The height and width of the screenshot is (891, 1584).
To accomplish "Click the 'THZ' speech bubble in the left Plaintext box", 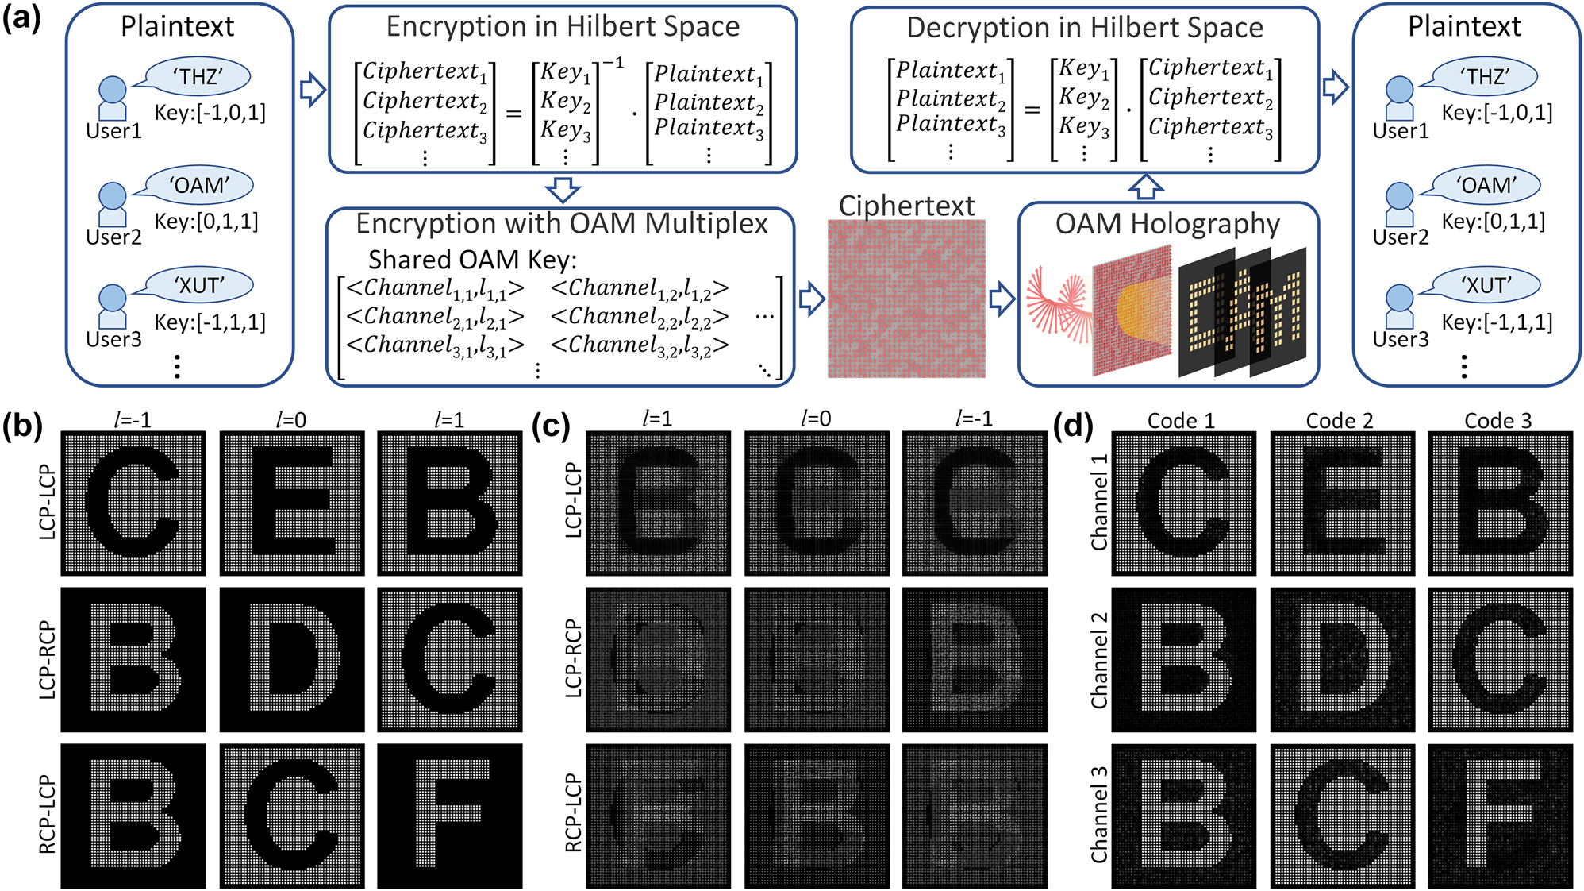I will [x=198, y=77].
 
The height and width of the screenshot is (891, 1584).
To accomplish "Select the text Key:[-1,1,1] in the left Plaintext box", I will [x=210, y=322].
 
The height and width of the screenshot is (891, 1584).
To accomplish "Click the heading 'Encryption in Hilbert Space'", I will [x=563, y=27].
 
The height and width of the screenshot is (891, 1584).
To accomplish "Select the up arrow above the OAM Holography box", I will [x=1145, y=187].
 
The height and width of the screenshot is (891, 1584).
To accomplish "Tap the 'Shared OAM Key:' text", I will [x=473, y=260].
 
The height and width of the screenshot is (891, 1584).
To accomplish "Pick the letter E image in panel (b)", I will [x=291, y=503].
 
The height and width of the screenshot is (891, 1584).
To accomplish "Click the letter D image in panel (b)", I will [x=291, y=659].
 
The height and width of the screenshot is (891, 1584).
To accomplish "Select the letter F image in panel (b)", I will [x=449, y=816].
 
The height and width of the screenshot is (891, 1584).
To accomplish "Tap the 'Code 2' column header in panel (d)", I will [x=1340, y=421].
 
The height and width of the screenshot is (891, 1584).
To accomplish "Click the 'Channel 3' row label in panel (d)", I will [x=1099, y=816].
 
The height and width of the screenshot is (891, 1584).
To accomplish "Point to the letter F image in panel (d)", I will [x=1500, y=816].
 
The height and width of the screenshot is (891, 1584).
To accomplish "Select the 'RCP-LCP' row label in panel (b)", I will [x=48, y=816].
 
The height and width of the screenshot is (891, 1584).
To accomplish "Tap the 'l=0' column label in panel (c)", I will [x=816, y=419].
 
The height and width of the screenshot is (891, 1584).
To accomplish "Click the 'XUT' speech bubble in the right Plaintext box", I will [x=1486, y=285].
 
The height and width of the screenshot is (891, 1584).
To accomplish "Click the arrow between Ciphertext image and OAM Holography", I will [x=1002, y=299].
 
